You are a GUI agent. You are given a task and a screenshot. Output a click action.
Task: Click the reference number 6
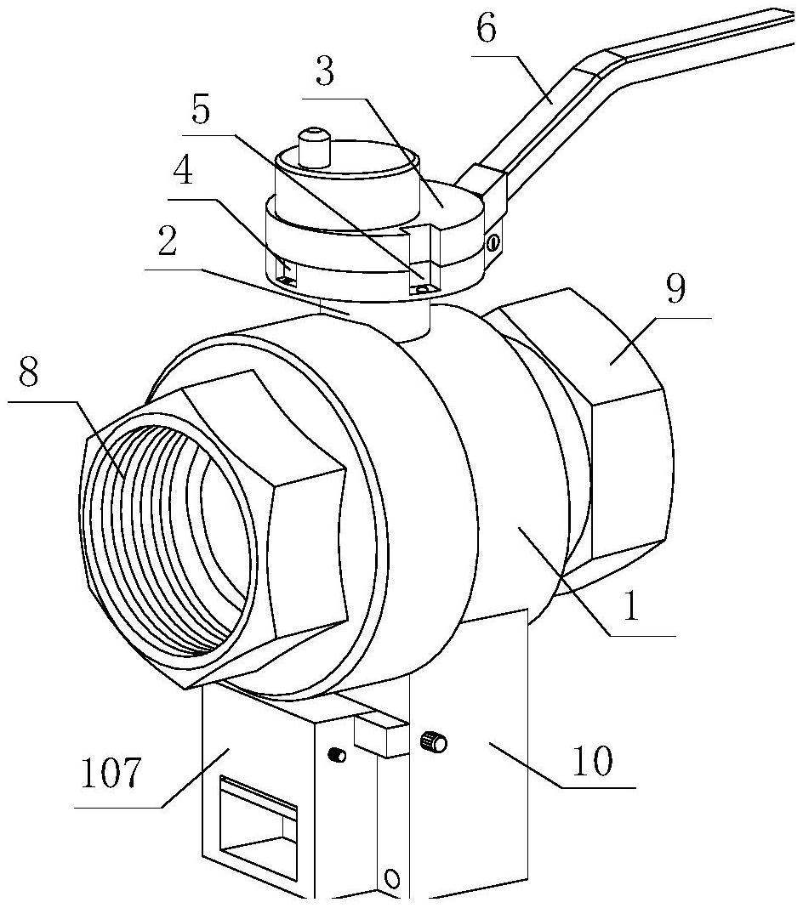(487, 29)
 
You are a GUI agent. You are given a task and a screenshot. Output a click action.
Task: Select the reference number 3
(325, 71)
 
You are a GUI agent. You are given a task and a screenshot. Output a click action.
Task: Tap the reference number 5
(201, 110)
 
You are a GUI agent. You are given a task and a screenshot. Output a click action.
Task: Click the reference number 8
(28, 373)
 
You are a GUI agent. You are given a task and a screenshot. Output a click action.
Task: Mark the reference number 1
(631, 605)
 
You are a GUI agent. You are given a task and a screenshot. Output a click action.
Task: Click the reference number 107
(110, 772)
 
